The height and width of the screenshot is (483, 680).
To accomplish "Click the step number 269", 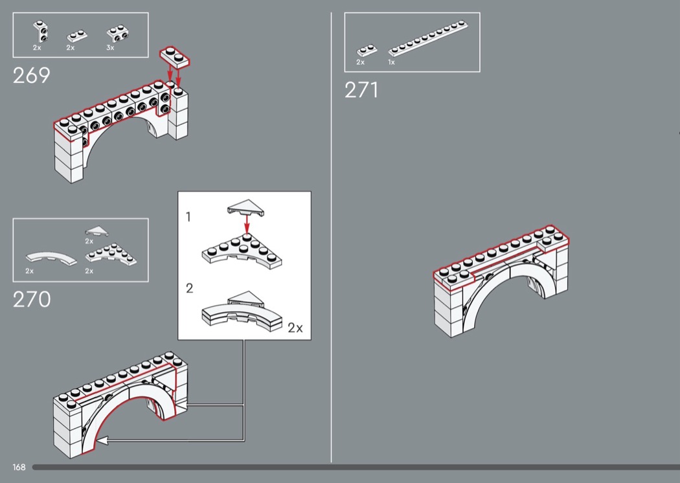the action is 31,76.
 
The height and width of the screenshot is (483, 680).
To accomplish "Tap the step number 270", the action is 32,300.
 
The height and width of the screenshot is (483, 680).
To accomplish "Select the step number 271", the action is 361,90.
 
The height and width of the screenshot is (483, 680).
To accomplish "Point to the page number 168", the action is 19,467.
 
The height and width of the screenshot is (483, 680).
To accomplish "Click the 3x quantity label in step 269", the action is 110,48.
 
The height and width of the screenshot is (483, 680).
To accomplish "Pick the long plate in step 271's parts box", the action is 428,39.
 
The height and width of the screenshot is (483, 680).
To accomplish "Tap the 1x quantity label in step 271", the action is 391,63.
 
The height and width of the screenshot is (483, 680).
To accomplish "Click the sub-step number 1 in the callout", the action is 188,218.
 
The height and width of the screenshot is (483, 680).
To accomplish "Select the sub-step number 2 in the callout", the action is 189,289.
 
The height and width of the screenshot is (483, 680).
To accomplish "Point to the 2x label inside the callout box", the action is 295,328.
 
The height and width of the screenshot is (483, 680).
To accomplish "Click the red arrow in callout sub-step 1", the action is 247,224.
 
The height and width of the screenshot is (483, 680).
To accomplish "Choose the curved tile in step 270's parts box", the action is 50,256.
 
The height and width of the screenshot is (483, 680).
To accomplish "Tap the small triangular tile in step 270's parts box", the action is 97,230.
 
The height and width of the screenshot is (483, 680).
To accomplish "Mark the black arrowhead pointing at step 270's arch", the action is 102,440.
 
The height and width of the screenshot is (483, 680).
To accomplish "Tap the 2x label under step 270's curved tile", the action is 29,271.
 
